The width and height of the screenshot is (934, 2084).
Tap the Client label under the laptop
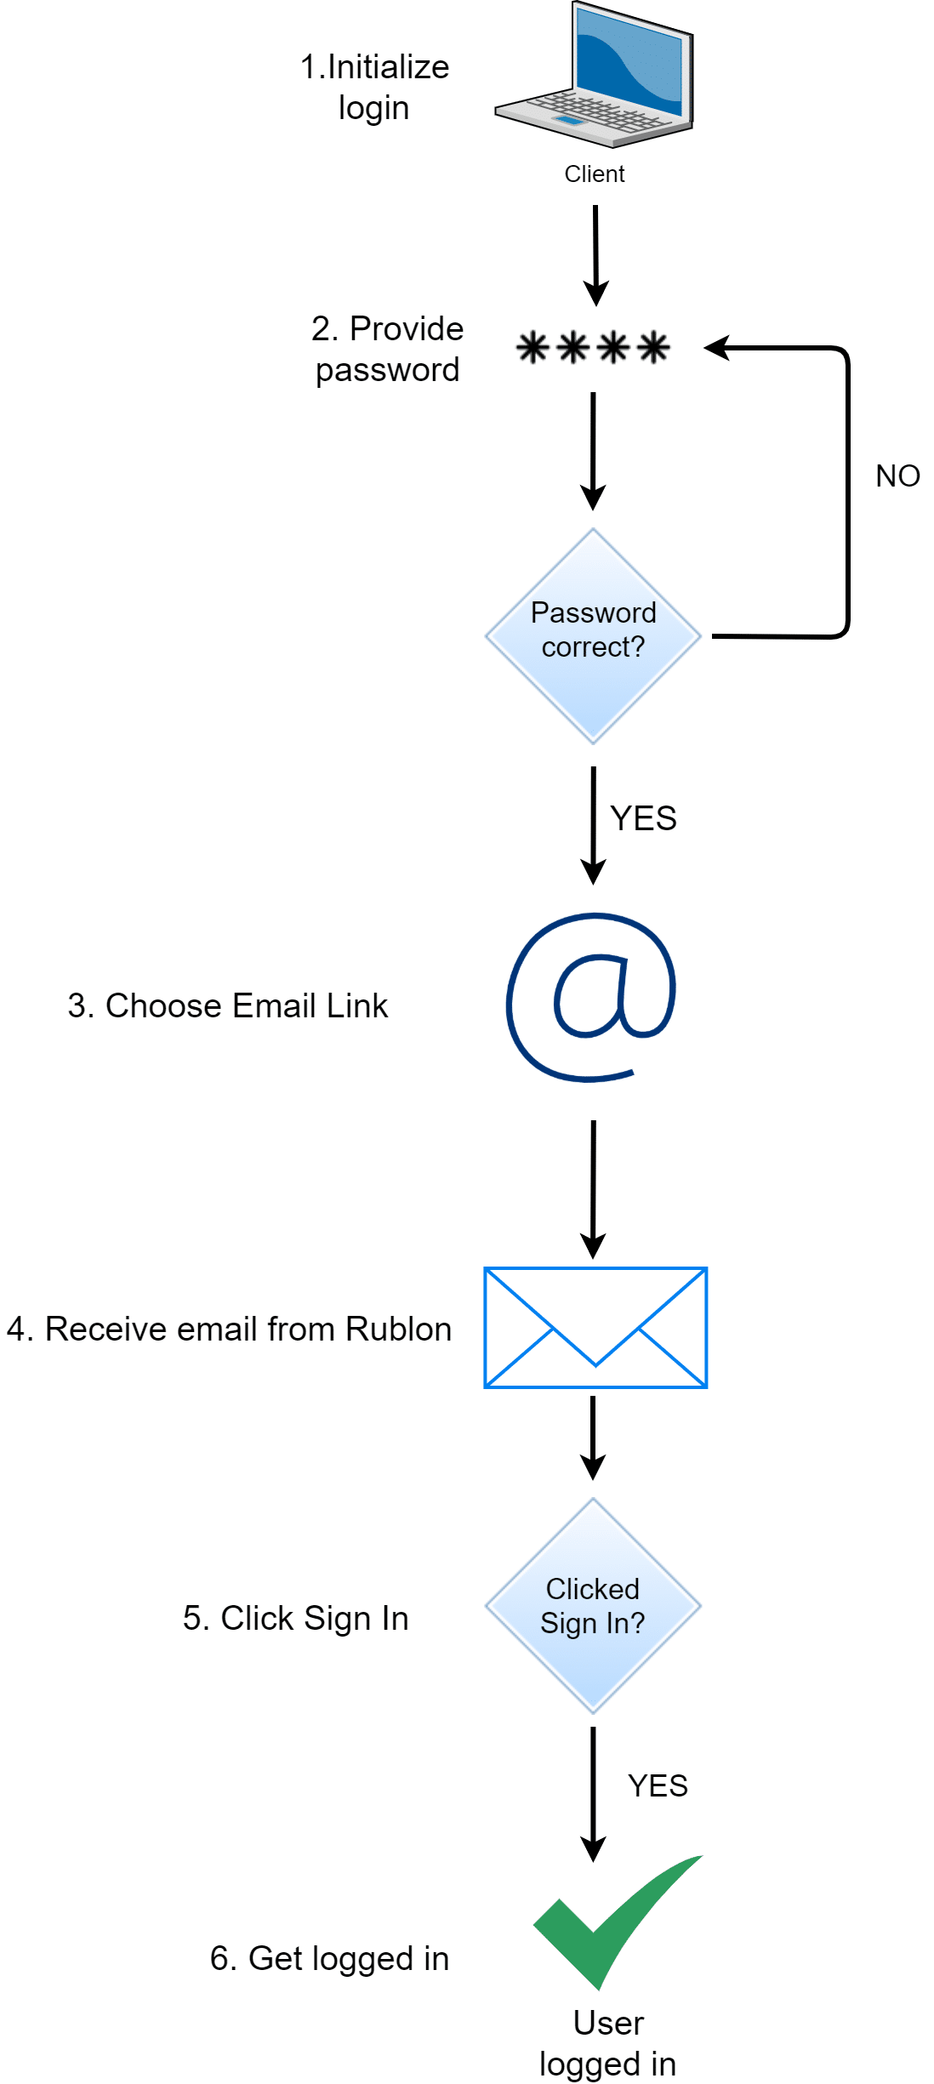[594, 174]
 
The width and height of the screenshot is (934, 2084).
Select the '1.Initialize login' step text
[374, 88]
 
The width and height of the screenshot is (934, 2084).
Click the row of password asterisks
[593, 348]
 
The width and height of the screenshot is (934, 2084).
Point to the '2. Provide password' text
[387, 349]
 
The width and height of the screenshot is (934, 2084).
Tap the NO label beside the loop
[897, 476]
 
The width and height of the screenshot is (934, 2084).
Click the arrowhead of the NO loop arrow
[717, 348]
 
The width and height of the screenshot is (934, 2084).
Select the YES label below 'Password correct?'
[643, 818]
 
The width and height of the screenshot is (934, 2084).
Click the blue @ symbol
[592, 997]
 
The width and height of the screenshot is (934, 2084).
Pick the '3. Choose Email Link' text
[228, 1005]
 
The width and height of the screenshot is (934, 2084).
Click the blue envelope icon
[595, 1328]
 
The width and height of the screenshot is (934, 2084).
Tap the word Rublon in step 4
[398, 1329]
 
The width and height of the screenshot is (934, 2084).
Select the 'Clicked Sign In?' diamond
[593, 1606]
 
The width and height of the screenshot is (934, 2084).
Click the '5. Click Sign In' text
[296, 1618]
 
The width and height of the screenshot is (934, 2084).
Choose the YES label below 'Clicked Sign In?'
[658, 1785]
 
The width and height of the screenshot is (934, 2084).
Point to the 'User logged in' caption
[607, 2043]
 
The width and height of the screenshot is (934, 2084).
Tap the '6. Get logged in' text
[329, 1958]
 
